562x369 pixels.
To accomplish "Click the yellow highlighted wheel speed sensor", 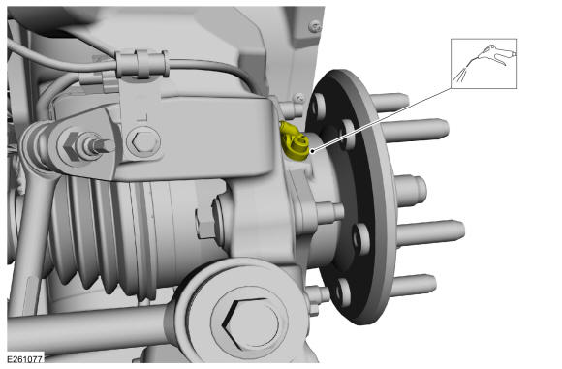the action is pyautogui.click(x=294, y=141).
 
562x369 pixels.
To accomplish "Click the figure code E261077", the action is pyautogui.click(x=25, y=359).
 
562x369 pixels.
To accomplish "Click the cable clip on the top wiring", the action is pyautogui.click(x=142, y=64).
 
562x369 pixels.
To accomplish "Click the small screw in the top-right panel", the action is pyautogui.click(x=315, y=26).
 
